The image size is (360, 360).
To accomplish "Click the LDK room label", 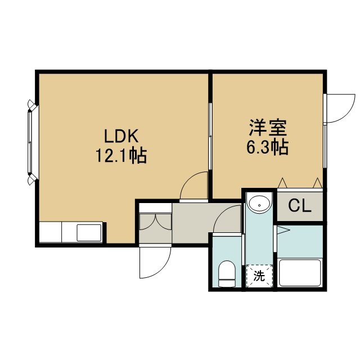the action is tap(121, 136).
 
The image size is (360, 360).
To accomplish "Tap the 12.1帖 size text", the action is tap(121, 156).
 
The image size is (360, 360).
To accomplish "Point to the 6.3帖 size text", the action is tap(268, 147).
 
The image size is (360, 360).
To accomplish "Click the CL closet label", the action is tap(300, 206).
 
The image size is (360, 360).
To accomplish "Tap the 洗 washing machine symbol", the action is tap(259, 276).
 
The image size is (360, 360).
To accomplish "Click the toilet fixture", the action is tap(227, 274).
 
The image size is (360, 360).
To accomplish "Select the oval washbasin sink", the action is tap(259, 204).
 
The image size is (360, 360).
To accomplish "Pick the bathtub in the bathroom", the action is tap(299, 273).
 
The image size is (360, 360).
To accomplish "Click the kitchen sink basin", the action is tap(89, 233).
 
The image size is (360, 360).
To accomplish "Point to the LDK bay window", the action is tap(31, 142).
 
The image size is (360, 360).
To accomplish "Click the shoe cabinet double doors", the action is tap(155, 222).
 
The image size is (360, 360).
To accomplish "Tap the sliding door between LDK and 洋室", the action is tap(210, 136).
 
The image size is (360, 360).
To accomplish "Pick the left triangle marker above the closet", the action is tap(282, 183).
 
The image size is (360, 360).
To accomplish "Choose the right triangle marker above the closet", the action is tap(318, 183).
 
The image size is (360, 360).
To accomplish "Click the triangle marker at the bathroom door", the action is tap(282, 230).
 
